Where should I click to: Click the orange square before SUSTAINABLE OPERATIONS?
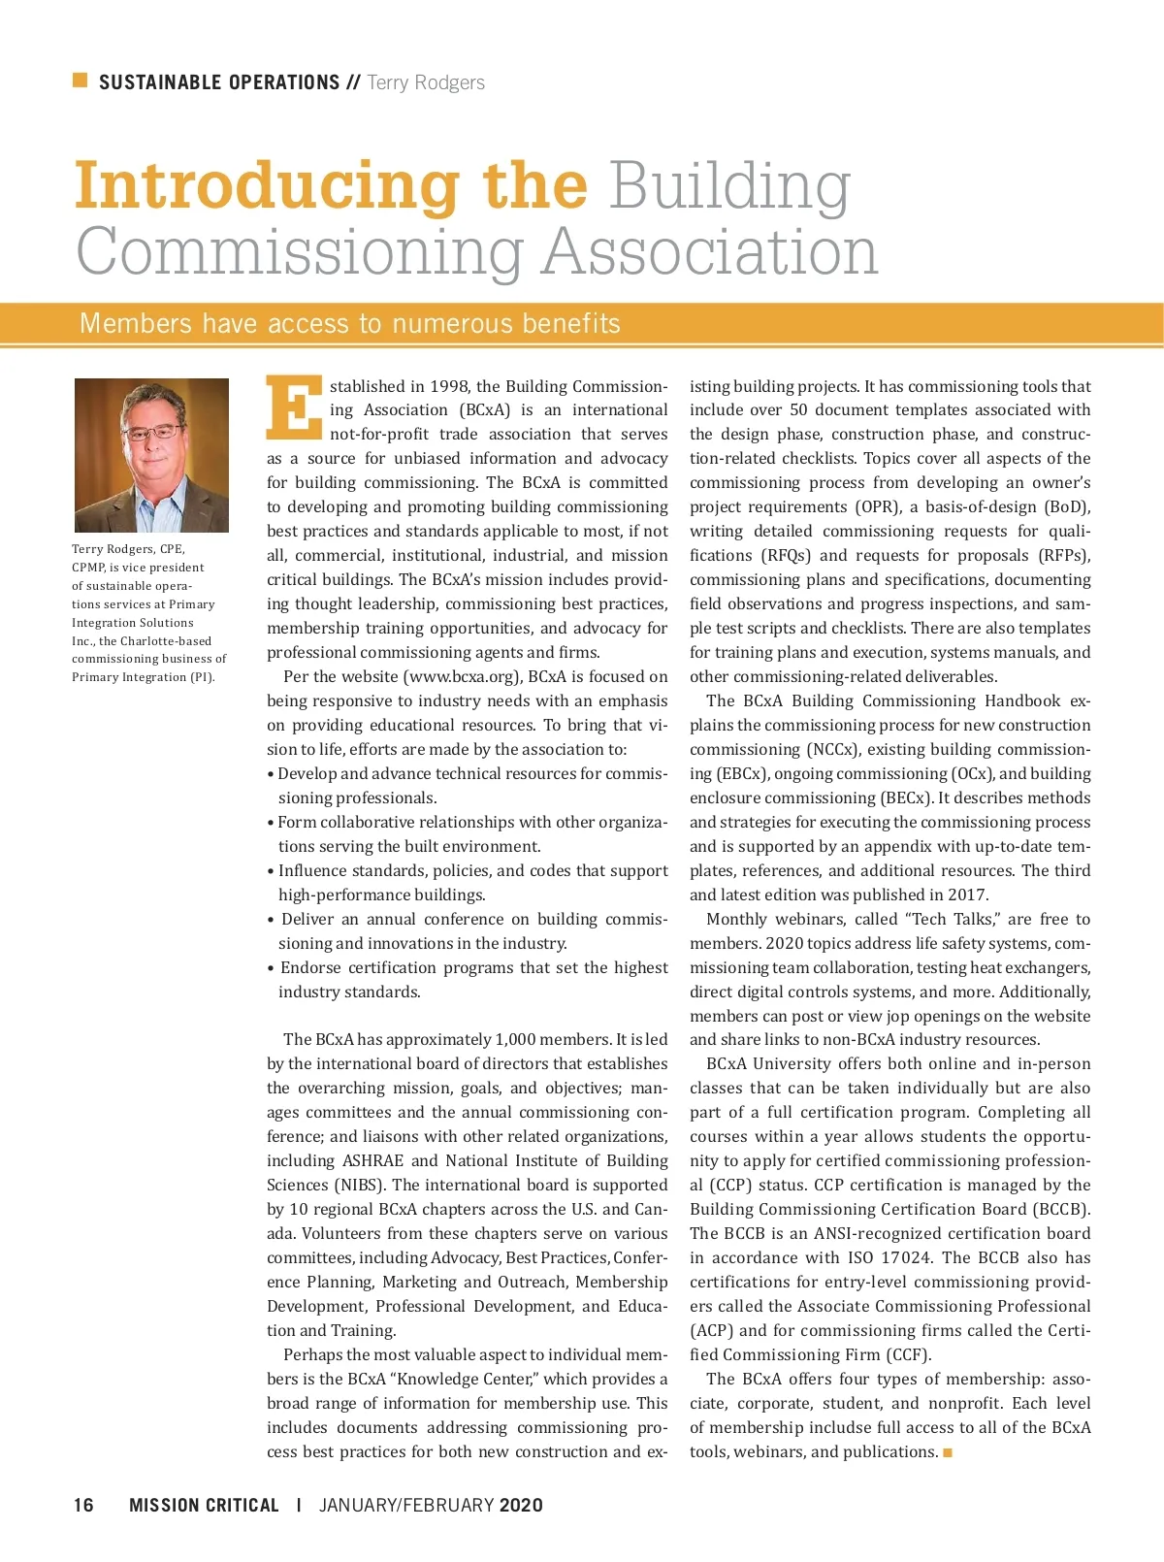[81, 81]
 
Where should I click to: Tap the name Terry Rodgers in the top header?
[426, 82]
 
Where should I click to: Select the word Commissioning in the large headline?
[300, 251]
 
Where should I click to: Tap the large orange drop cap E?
[293, 407]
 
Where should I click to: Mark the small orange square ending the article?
[948, 1452]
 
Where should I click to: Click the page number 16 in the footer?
[83, 1505]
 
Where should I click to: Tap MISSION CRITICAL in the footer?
[204, 1505]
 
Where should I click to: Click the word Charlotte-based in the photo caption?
[166, 641]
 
